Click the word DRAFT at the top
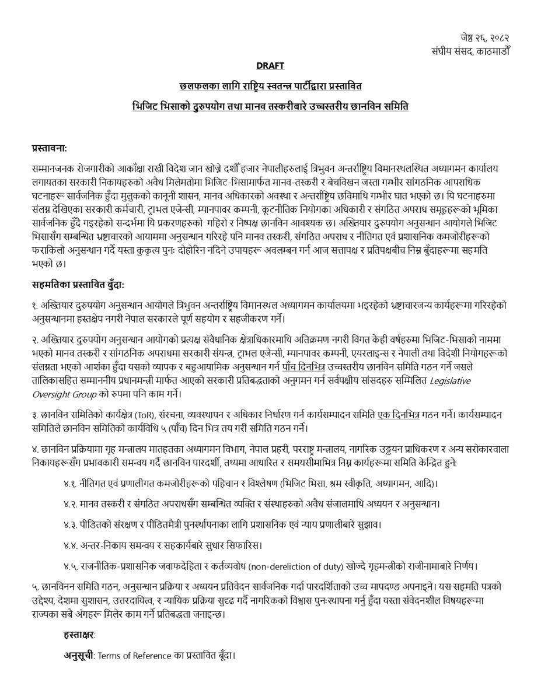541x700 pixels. tap(270, 66)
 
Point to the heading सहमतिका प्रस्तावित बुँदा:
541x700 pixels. tap(78, 285)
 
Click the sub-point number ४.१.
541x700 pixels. tap(71, 484)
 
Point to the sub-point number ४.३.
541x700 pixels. tap(71, 524)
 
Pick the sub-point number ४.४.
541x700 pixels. tap(71, 545)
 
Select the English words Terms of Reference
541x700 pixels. tap(134, 656)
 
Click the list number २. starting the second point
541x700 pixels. tap(36, 339)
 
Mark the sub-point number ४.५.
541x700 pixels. tap(71, 566)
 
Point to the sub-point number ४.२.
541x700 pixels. tap(71, 504)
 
